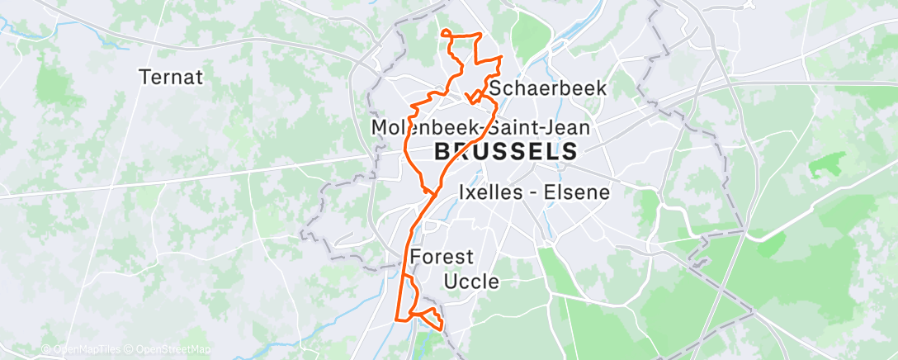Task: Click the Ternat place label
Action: [x=172, y=77]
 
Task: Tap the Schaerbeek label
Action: [x=547, y=88]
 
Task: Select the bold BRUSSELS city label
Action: [x=505, y=151]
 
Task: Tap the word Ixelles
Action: [x=494, y=192]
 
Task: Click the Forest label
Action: [x=441, y=256]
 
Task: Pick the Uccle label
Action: [x=471, y=281]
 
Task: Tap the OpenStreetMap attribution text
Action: [x=173, y=350]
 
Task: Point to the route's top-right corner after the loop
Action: [x=480, y=35]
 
